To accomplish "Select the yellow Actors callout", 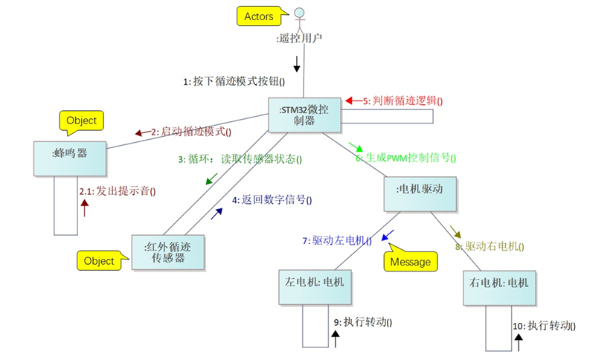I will click(x=258, y=16).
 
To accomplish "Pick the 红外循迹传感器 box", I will click(x=167, y=252).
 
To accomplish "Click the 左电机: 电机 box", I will click(x=312, y=285).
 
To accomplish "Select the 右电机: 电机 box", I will click(x=498, y=284).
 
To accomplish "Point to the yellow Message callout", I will click(x=410, y=262).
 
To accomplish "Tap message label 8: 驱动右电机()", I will click(x=490, y=246).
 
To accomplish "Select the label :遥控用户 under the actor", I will click(x=298, y=38).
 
